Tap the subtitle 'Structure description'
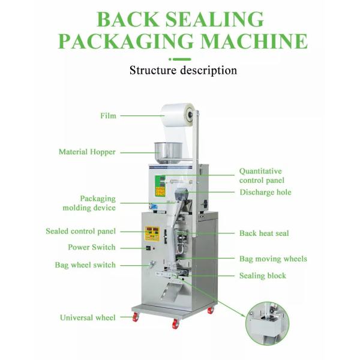tap(183, 70)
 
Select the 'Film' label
tap(108, 116)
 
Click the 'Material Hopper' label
tap(87, 152)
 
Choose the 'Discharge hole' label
tap(265, 193)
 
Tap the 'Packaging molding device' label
tap(89, 203)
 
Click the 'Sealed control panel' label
tap(81, 231)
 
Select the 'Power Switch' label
tap(91, 247)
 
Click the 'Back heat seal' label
tap(264, 233)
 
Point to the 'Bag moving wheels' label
tap(273, 259)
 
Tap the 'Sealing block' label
tap(263, 276)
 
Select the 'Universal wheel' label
tap(88, 317)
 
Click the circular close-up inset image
tap(267, 323)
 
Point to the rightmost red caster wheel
tap(211, 311)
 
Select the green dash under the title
tap(180, 59)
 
